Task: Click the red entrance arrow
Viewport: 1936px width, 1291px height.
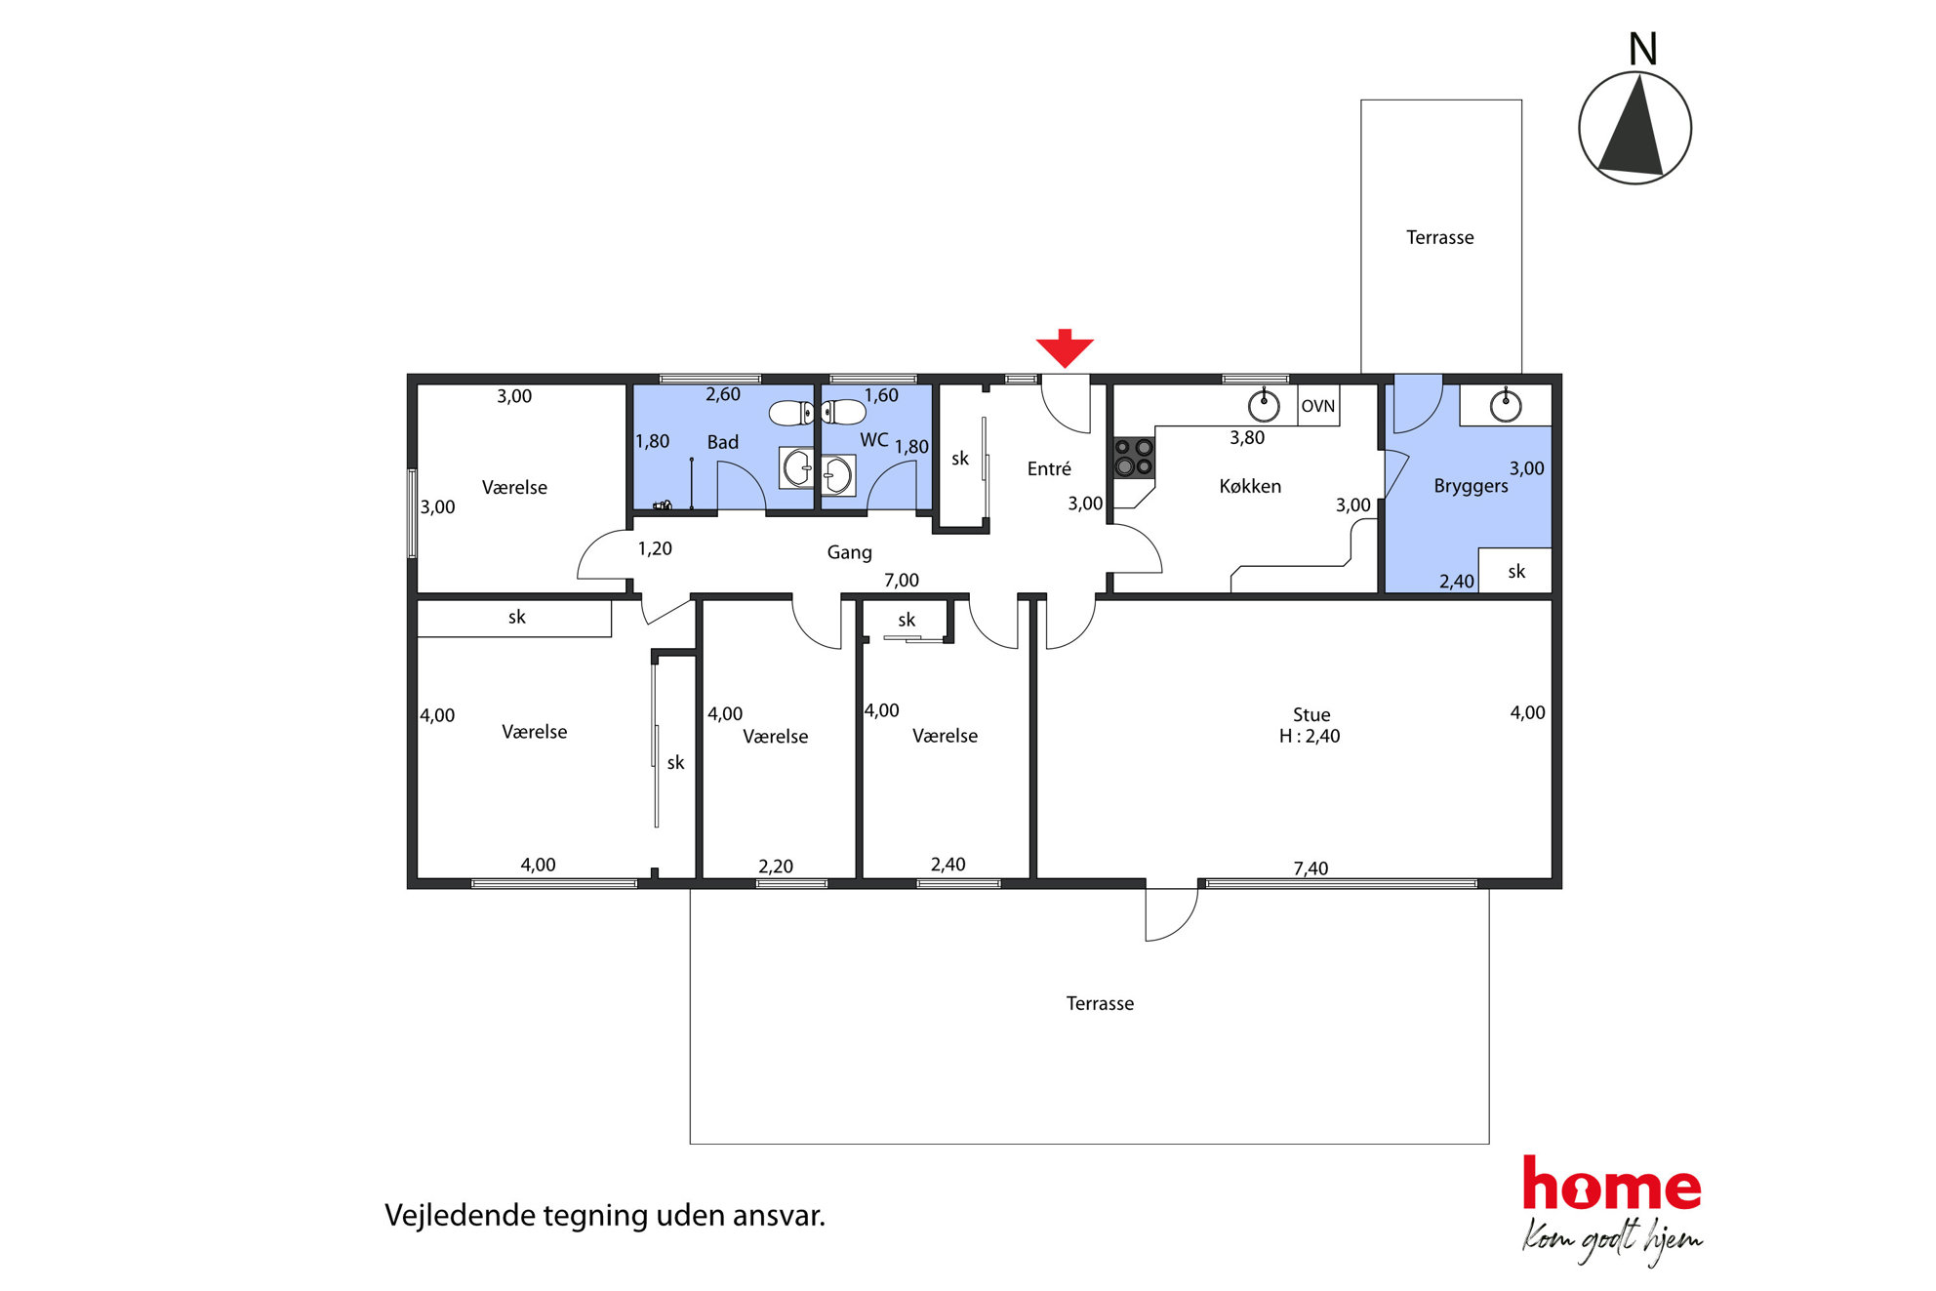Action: [1065, 348]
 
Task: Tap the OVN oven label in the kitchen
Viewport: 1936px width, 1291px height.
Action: [1317, 406]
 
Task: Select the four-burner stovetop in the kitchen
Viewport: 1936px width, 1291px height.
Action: [1134, 457]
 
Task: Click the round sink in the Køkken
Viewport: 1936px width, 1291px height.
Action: [1264, 404]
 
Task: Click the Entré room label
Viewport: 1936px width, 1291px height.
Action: [1049, 468]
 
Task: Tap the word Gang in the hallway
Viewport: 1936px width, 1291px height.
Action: [849, 552]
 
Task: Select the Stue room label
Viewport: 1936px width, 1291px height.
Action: [1311, 714]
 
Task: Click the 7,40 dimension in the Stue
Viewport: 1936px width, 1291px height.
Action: [1311, 867]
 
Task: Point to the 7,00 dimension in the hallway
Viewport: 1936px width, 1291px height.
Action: [901, 580]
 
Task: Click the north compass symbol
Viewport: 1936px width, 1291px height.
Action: [1634, 128]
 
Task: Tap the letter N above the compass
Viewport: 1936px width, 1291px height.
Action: [1643, 49]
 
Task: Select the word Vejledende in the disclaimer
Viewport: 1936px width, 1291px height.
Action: [461, 1216]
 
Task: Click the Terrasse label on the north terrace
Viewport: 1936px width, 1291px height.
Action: [1439, 237]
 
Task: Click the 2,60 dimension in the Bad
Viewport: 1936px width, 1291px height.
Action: [723, 394]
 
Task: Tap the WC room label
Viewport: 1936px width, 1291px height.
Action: [874, 440]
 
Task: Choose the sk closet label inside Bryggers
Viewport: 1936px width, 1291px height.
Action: [1516, 571]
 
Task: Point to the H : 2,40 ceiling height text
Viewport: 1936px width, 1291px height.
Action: [1310, 736]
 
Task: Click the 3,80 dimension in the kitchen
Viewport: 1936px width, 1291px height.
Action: [1247, 438]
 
